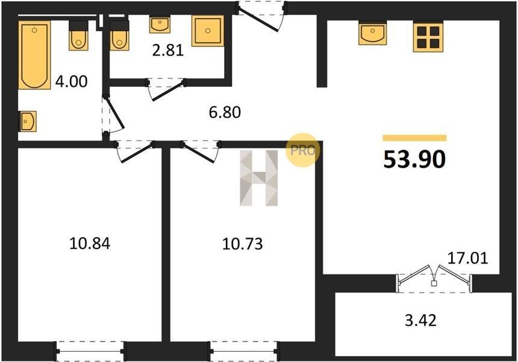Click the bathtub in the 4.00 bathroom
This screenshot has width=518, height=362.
point(34,55)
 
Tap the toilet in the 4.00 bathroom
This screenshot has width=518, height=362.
point(79,36)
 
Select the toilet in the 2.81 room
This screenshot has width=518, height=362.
point(119,36)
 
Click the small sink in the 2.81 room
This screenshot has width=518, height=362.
point(160,25)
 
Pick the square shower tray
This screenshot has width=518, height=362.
point(208,31)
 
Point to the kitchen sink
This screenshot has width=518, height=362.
point(373,33)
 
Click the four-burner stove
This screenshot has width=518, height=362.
point(428,36)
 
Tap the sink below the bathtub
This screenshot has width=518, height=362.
point(28,121)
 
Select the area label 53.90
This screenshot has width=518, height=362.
point(414,159)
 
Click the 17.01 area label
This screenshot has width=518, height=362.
point(467,258)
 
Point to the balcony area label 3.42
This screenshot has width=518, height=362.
point(421,320)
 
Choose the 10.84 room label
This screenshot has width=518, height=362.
point(90,244)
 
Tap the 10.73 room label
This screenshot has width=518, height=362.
point(243,244)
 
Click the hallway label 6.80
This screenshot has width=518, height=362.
point(225,112)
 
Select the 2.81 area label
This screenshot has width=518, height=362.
point(168,51)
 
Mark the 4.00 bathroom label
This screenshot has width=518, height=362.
point(71,81)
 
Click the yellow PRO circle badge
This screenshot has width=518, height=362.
point(302,150)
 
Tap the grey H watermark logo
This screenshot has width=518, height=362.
point(259,178)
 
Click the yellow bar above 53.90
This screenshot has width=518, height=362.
point(414,138)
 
